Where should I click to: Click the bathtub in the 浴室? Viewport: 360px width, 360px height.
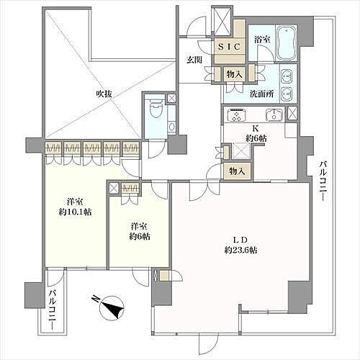click(287, 43)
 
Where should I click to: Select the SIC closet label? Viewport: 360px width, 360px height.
click(230, 47)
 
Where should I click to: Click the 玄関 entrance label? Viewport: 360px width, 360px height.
click(194, 60)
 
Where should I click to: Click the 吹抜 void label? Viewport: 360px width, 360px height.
click(104, 94)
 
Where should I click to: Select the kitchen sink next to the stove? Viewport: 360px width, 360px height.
click(274, 114)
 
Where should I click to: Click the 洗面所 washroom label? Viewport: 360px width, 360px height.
click(261, 94)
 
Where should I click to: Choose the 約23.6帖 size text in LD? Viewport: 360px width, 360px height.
click(240, 251)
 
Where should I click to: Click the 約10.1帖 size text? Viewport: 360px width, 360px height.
click(75, 212)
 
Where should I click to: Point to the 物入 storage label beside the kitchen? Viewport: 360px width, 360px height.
click(237, 171)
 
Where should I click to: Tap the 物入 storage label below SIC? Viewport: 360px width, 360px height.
click(235, 74)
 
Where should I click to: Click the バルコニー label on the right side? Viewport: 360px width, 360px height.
click(323, 181)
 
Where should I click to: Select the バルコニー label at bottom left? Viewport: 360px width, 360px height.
click(53, 310)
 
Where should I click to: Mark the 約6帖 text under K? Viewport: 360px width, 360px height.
click(256, 138)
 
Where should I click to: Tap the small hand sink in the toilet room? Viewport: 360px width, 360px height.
click(171, 126)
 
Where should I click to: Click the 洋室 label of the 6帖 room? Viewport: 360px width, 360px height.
click(139, 226)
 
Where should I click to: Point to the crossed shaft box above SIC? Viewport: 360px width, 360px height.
click(222, 22)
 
